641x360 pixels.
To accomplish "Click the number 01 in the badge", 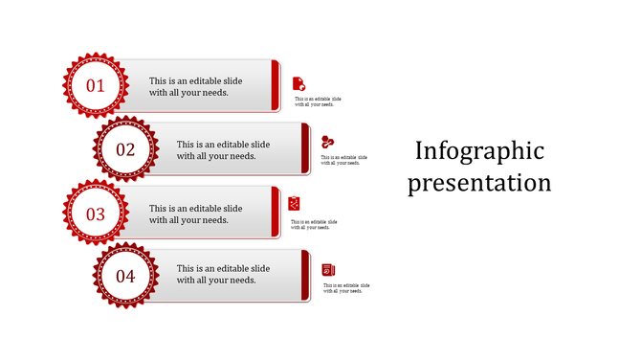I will click(x=96, y=86).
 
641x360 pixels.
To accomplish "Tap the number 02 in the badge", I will click(x=125, y=149).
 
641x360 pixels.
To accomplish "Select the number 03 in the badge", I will click(x=96, y=214).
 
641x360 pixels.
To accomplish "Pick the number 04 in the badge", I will click(x=125, y=277).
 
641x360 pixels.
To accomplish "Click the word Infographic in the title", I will click(x=479, y=151).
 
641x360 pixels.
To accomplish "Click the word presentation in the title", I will click(x=479, y=182).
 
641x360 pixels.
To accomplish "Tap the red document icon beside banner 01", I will click(x=298, y=83).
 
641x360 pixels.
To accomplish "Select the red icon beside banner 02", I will click(x=328, y=142).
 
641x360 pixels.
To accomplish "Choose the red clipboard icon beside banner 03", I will click(x=295, y=203).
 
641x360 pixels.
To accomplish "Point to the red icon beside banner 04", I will click(x=328, y=270).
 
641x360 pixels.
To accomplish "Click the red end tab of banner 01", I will click(x=276, y=86).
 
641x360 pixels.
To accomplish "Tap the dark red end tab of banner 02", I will click(x=305, y=149).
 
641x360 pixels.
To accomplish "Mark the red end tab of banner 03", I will click(x=276, y=213).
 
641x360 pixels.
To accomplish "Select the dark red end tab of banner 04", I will click(x=305, y=276).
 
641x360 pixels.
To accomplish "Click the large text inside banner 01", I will click(x=195, y=87).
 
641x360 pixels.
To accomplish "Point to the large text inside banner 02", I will click(x=223, y=150).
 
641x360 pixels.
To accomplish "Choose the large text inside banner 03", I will click(x=195, y=214).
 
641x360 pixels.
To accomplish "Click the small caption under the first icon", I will click(x=318, y=101).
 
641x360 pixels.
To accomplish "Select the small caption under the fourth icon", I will click(x=346, y=288).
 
